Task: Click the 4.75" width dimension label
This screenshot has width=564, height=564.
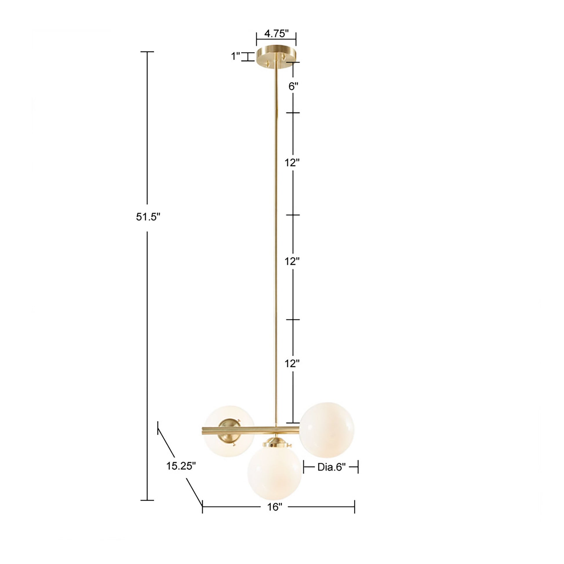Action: (276, 34)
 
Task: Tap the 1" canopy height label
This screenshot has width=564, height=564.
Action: (235, 56)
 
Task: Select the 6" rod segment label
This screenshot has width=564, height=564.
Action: (293, 86)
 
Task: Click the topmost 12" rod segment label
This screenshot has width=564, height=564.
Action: (292, 163)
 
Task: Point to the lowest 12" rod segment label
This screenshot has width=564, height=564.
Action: (292, 364)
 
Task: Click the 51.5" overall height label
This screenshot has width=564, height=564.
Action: (148, 217)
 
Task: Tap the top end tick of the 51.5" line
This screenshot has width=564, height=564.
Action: (147, 52)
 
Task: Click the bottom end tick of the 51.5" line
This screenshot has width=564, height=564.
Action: (147, 500)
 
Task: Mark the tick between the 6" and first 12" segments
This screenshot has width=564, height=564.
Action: (293, 112)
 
